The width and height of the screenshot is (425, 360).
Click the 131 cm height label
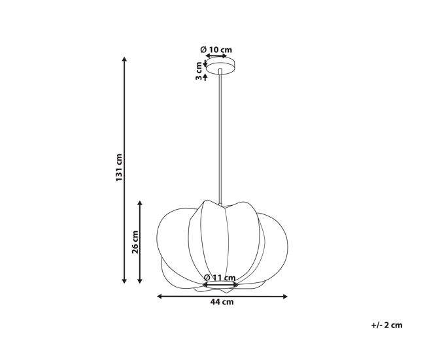click(x=119, y=167)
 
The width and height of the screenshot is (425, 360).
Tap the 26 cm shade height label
click(x=135, y=242)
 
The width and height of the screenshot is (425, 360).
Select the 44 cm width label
click(x=222, y=302)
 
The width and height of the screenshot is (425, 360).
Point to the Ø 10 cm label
click(x=216, y=50)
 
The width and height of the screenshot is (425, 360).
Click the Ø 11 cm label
click(x=220, y=278)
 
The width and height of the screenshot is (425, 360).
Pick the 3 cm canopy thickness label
click(x=199, y=71)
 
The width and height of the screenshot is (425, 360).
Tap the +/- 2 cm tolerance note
click(x=386, y=325)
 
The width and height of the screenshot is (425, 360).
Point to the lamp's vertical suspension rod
click(x=220, y=137)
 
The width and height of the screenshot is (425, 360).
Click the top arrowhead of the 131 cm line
click(x=124, y=59)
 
